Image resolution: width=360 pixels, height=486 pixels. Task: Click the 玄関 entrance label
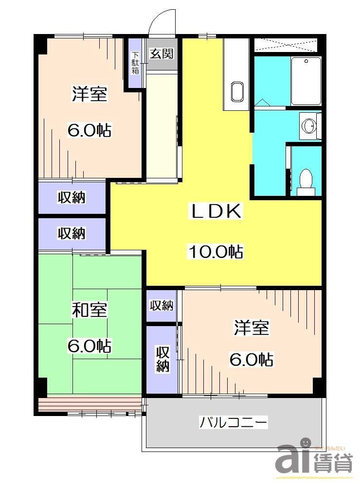click(x=162, y=54)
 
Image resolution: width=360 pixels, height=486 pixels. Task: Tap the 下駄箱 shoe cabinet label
click(x=135, y=63)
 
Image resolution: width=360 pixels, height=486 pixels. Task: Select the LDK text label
click(x=215, y=212)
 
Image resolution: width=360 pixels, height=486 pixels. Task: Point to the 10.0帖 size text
click(x=216, y=251)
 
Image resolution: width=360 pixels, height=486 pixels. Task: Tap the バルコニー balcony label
click(x=234, y=422)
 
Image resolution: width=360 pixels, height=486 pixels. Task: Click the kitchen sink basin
click(x=237, y=92)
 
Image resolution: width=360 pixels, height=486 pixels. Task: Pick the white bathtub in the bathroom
click(x=306, y=81)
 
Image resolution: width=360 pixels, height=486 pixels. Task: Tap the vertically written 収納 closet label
click(x=162, y=359)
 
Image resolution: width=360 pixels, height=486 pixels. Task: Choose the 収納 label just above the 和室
click(x=72, y=233)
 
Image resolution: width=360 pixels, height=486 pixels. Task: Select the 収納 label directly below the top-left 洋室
click(x=72, y=197)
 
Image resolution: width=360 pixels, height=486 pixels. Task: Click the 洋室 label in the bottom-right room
click(x=251, y=328)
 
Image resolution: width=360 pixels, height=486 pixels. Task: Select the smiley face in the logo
click(x=305, y=443)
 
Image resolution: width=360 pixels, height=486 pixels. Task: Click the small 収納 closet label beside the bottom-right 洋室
click(x=162, y=306)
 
